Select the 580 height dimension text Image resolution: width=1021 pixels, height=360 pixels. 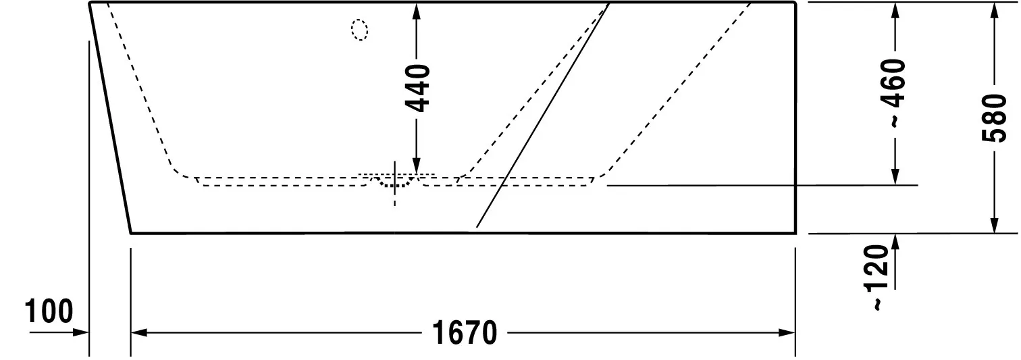point(993,118)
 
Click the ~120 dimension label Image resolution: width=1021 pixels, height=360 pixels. point(876,278)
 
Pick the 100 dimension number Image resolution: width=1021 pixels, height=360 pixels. point(49,312)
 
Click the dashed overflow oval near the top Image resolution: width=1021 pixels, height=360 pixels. point(360,30)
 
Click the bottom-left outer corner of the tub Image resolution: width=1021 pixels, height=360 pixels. point(130,233)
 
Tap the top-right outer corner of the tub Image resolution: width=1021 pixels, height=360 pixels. point(795,3)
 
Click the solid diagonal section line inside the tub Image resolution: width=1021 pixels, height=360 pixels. point(540,119)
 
